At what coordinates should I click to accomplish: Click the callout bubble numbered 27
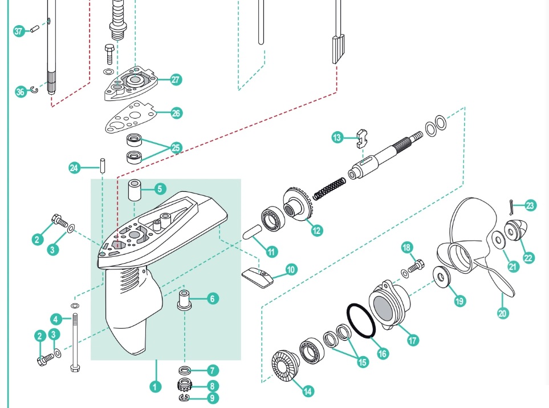pos(176,80)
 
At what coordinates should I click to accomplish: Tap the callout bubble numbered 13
pos(338,137)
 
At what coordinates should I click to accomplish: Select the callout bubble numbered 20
pos(502,313)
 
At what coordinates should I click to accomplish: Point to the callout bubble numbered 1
pos(154,386)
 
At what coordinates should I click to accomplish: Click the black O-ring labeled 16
pos(361,321)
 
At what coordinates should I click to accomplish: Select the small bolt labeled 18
pos(416,265)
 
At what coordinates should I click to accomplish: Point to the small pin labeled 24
pos(102,165)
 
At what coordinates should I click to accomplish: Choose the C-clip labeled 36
pos(34,90)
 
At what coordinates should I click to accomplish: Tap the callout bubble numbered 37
pos(19,31)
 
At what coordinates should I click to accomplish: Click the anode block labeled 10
pos(255,276)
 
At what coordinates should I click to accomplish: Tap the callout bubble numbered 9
pos(213,398)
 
